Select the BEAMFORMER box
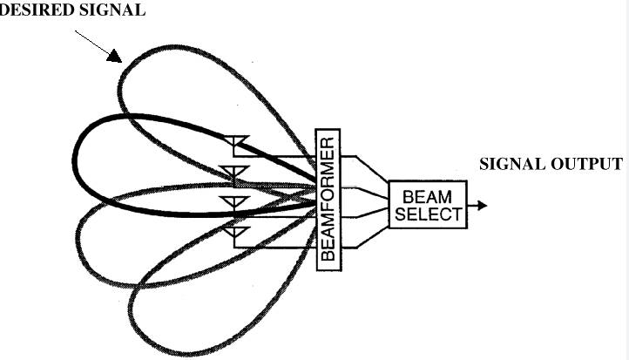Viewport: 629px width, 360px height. (x=328, y=198)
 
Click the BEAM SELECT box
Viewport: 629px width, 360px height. (x=427, y=206)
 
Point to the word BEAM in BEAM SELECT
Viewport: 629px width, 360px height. (x=427, y=197)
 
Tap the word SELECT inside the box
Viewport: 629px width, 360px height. (x=427, y=214)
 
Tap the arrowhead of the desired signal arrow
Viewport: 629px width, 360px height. (x=114, y=56)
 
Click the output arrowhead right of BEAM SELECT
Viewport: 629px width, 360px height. (x=482, y=206)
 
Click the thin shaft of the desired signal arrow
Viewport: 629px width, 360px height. (x=91, y=41)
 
